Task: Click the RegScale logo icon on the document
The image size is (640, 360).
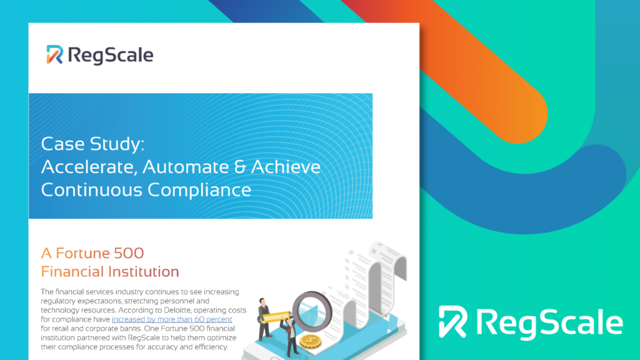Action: tap(55, 55)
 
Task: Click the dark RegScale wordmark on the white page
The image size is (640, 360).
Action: tap(111, 56)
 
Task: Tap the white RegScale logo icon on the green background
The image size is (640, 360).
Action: tap(452, 322)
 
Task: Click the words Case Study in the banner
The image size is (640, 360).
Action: tap(92, 144)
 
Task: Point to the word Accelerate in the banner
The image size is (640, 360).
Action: tap(89, 166)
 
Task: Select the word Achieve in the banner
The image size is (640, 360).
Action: tap(286, 166)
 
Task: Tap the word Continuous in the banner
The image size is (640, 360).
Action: tap(91, 190)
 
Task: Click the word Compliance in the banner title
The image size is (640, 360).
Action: tap(199, 190)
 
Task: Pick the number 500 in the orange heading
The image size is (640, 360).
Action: tap(129, 253)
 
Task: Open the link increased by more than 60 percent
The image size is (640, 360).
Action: tap(172, 319)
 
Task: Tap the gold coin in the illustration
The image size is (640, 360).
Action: tap(311, 341)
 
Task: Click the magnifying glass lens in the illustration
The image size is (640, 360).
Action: tap(312, 312)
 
